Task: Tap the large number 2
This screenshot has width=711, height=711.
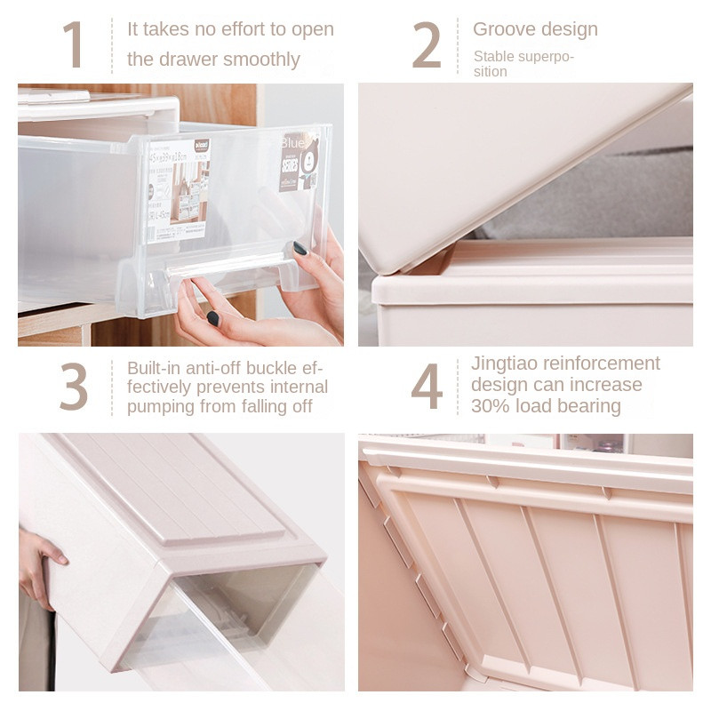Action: tap(427, 44)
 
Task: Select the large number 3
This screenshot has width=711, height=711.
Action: tap(74, 387)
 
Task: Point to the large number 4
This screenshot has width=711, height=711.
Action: tap(427, 387)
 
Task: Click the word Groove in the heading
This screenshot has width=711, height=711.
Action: tap(503, 28)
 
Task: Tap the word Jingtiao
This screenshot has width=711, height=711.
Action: tap(504, 363)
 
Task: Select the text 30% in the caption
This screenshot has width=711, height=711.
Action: tap(489, 406)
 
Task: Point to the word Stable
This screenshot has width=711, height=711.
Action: tap(494, 57)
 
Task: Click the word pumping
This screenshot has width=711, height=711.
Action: tap(161, 406)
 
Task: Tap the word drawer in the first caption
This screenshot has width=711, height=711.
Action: tap(188, 60)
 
